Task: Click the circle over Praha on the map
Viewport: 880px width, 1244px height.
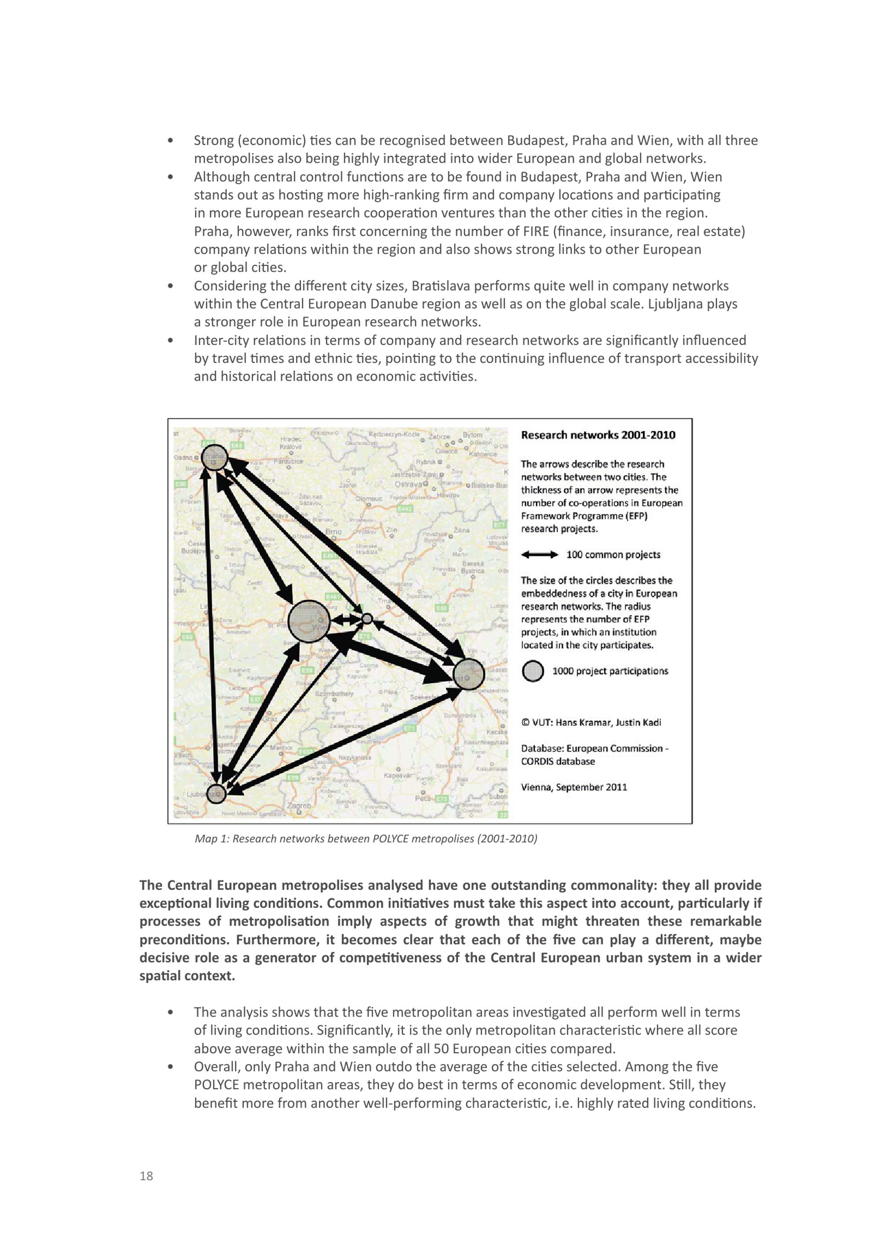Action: (215, 458)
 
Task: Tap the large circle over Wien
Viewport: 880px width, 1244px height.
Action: (309, 622)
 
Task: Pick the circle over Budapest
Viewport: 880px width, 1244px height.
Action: (468, 674)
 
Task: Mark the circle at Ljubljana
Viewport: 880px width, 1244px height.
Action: (216, 794)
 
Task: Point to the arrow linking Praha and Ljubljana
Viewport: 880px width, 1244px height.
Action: (211, 623)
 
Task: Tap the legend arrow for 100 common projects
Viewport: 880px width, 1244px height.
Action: (539, 554)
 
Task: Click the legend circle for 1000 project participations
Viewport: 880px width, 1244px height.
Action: (533, 671)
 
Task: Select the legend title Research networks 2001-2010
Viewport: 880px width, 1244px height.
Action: (598, 435)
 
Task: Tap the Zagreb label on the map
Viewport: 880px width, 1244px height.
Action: (300, 806)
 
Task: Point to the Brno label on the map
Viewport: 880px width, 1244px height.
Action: (333, 531)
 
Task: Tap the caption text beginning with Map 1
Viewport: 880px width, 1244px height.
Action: (366, 839)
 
